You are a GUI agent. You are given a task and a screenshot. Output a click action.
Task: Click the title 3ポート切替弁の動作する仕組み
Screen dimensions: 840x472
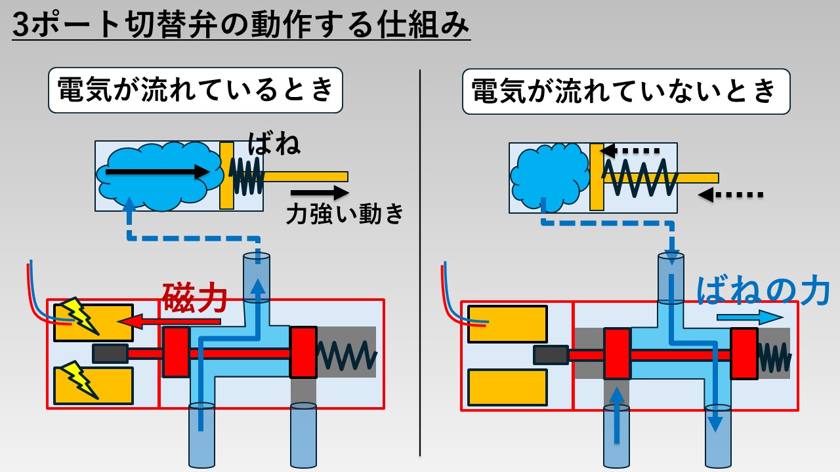[241, 25]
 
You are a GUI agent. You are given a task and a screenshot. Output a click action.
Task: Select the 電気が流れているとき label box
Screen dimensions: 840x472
[196, 90]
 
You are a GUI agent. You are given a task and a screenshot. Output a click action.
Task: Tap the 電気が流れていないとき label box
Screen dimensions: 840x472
[626, 91]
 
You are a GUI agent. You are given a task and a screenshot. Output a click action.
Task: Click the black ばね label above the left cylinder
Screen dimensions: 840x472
[274, 144]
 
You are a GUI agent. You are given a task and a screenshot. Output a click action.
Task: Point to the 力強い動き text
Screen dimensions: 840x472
[345, 214]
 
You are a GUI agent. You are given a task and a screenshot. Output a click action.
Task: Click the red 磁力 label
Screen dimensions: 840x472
[195, 298]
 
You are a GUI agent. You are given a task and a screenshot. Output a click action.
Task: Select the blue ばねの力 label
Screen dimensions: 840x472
[763, 291]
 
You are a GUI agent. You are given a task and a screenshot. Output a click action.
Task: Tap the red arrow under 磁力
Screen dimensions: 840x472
[169, 321]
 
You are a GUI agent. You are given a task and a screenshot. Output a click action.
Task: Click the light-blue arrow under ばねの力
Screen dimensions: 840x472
[750, 318]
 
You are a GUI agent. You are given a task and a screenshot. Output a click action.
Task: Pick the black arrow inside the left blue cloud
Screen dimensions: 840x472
[157, 172]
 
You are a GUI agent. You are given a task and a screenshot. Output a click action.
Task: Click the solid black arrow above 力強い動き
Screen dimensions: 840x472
[320, 193]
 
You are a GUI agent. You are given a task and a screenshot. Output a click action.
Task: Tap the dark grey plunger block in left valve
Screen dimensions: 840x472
[110, 353]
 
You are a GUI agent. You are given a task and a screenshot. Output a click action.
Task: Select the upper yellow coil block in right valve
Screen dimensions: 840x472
[507, 324]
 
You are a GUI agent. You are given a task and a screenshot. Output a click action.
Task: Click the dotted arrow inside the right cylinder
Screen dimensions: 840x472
[629, 151]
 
